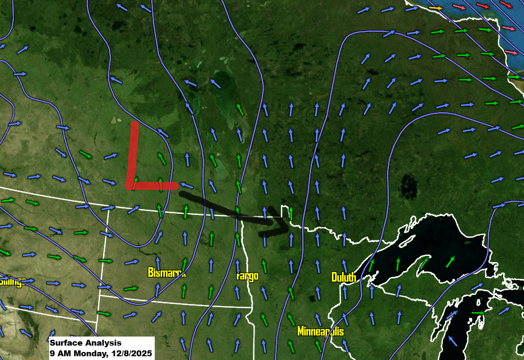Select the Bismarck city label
click(166, 273)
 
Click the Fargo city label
click(247, 276)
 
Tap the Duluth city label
click(344, 277)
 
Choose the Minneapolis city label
click(320, 331)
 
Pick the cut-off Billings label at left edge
click(12, 281)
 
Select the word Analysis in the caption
click(102, 343)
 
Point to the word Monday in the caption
click(88, 353)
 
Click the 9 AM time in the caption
click(58, 353)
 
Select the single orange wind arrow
click(436, 8)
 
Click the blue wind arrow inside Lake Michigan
click(452, 340)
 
